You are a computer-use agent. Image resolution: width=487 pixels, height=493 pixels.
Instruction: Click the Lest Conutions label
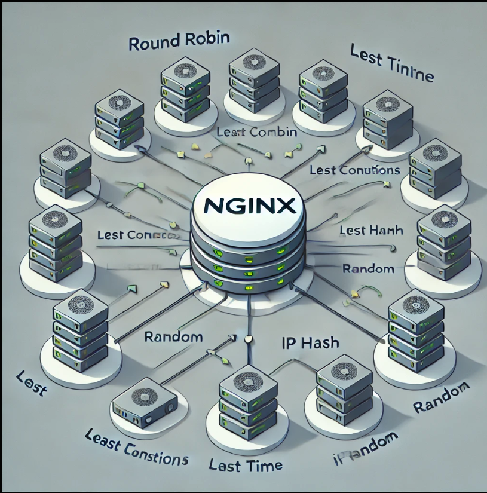(354, 170)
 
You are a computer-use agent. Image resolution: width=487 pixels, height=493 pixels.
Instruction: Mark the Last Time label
(246, 464)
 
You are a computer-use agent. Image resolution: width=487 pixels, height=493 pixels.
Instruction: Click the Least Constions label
(137, 448)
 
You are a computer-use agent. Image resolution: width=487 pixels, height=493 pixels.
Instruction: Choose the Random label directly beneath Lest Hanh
(368, 268)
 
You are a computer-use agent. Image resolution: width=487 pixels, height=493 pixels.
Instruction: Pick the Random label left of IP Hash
(173, 337)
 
